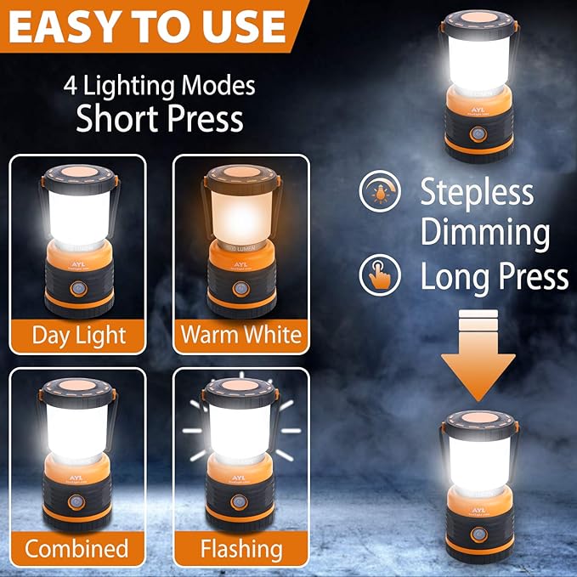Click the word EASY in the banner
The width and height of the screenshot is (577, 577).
click(x=68, y=28)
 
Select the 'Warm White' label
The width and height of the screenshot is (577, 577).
click(x=240, y=334)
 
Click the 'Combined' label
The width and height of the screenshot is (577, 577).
click(x=76, y=548)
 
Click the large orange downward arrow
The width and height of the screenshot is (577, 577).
click(x=478, y=357)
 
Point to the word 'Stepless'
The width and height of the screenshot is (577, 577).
click(x=477, y=192)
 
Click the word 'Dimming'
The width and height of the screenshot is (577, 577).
click(x=485, y=233)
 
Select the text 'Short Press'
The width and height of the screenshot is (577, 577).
click(x=159, y=119)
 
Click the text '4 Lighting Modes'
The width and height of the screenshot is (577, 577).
click(x=159, y=86)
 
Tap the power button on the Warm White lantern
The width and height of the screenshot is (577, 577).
click(x=240, y=289)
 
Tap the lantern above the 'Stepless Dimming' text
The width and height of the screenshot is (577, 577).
click(x=478, y=85)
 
